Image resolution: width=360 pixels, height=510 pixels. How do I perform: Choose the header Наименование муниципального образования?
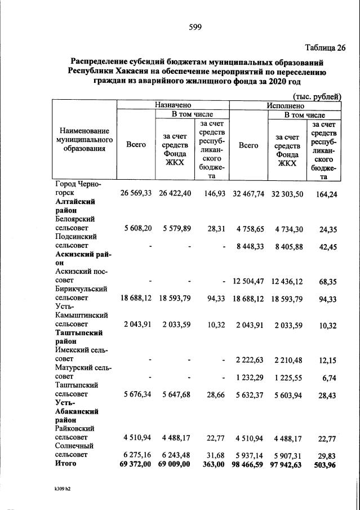pos(84,140)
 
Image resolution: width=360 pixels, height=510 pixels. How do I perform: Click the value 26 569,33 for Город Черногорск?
pos(136,193)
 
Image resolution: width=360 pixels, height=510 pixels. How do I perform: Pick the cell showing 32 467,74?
pos(248,193)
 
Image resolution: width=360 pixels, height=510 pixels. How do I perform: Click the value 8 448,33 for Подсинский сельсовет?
pos(248,246)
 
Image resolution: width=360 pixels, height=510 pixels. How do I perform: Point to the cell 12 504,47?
pos(248,280)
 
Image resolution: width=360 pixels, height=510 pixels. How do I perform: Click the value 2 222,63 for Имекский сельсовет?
pos(248,359)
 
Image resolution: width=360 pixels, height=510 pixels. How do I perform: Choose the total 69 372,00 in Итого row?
pos(136,464)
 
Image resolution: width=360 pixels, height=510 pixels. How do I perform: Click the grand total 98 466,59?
pos(248,464)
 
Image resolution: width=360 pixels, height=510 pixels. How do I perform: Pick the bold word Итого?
pos(66,464)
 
